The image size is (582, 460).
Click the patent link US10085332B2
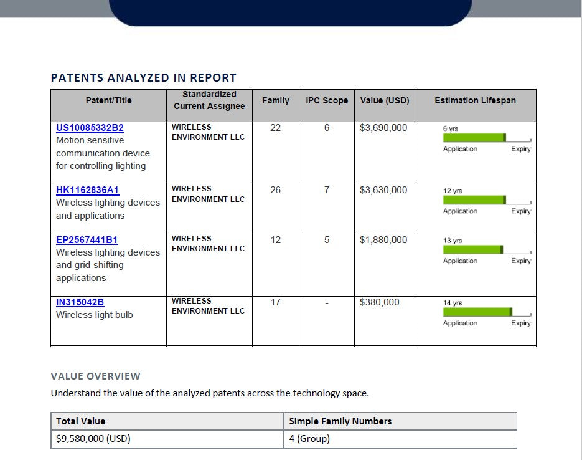pos(90,128)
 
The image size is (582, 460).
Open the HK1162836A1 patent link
pos(87,190)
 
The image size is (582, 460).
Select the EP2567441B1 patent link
pos(87,240)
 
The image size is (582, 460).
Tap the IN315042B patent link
pos(80,302)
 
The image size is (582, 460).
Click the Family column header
pos(275,100)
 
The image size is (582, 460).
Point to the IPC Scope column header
pos(327,100)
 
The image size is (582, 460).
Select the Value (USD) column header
pos(385,100)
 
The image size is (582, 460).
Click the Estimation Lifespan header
pos(475,100)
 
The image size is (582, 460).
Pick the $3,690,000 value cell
pos(383,128)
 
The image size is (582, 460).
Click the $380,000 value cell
pos(380,302)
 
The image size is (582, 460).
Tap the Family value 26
pos(275,190)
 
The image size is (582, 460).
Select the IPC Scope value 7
pos(327,190)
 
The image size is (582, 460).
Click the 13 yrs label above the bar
pos(453,241)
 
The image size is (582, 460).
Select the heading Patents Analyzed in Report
pos(143,78)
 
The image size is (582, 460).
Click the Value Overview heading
pos(95,376)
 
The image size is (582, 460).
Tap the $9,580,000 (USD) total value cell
pos(93,439)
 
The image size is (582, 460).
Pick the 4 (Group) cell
pos(309,439)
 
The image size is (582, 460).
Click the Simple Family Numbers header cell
pos(340,421)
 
